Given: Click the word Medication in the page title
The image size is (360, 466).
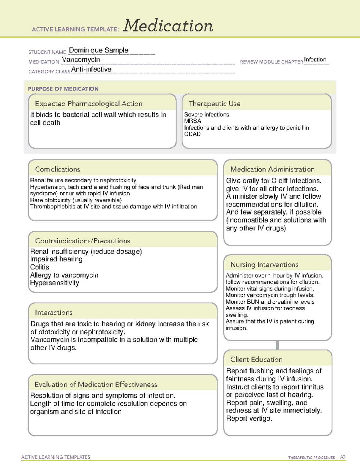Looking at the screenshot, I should coord(168,26).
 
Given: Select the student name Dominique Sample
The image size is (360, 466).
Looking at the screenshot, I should coord(98,50).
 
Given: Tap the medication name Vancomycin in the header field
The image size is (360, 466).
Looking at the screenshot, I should coord(81,60).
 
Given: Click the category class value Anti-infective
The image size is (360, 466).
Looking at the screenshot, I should coord(91,69).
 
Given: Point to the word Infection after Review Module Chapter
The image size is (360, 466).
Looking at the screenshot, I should coord(315,60).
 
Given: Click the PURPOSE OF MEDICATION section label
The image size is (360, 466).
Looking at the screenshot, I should coord(63,89).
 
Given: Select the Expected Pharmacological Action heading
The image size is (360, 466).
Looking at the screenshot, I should coord(88,104).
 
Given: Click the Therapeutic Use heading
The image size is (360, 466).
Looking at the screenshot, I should coord(214,104).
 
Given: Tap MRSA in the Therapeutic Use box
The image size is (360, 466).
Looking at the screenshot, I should coord(193,121).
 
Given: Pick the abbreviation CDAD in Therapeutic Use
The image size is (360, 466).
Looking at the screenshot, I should coord(192,134).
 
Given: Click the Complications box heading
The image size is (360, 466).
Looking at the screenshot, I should coord(57,170).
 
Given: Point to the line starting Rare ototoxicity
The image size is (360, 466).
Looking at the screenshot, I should coord(76,200).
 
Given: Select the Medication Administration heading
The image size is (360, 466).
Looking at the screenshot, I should coord(272,170).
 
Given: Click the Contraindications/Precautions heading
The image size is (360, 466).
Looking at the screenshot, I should coord(82,241).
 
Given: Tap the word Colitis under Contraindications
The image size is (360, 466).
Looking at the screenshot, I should coord(40,267).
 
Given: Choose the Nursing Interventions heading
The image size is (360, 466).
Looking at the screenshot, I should coord(264,265).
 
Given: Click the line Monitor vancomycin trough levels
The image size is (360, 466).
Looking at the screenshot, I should coord(270,295).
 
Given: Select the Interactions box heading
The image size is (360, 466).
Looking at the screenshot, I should coord(53,313).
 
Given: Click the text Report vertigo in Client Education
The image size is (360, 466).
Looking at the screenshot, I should coord(249,419).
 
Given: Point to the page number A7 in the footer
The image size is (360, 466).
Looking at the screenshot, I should coord(343,457).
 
